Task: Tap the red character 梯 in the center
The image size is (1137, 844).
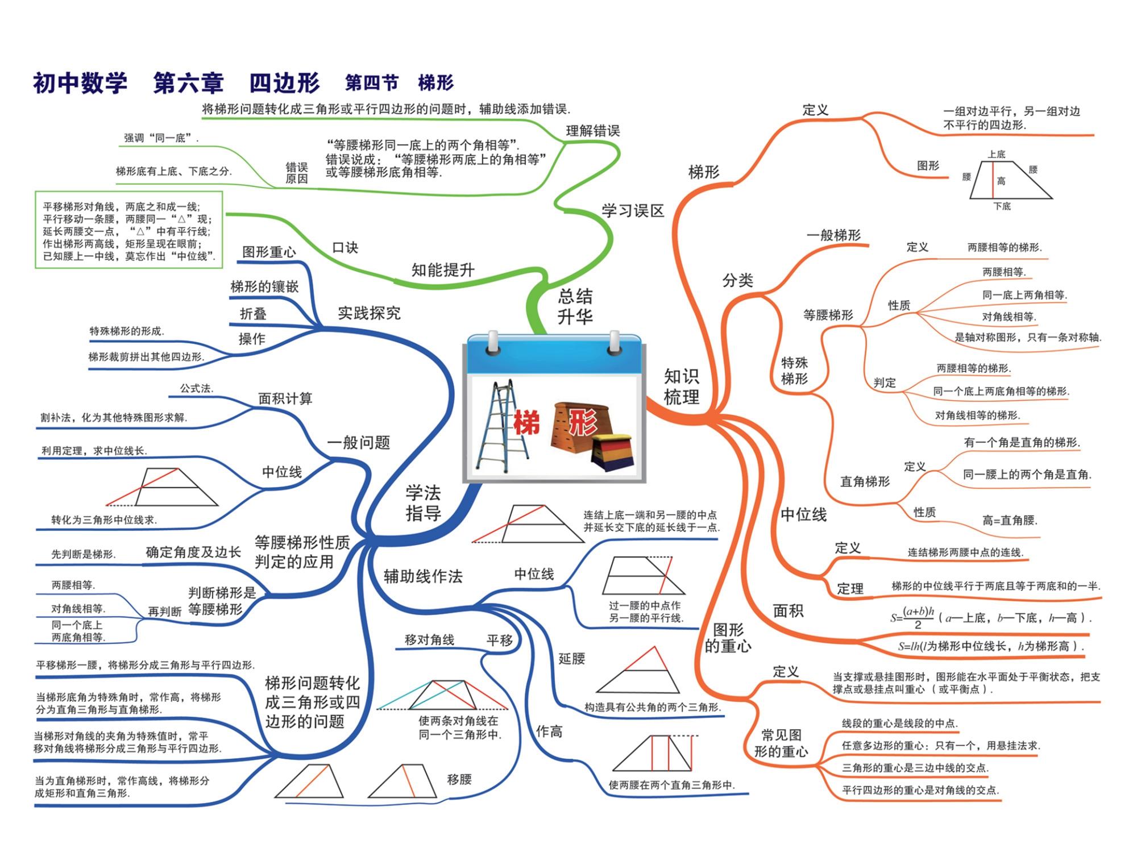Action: point(526,423)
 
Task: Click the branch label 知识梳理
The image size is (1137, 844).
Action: point(681,386)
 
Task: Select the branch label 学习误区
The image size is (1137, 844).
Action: point(633,211)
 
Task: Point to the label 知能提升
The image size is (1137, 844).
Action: point(442,270)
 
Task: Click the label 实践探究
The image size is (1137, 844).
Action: point(369,313)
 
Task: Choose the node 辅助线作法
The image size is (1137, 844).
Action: point(423,576)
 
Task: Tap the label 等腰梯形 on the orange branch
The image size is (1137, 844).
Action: point(828,315)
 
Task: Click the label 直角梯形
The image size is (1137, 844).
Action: point(865,482)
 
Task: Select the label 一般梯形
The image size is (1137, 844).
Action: point(833,235)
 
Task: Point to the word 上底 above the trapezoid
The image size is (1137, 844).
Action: point(996,154)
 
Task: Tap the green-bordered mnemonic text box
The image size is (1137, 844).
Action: point(129,231)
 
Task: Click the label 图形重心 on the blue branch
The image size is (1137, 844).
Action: point(269,252)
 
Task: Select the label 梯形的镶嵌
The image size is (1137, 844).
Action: point(264,286)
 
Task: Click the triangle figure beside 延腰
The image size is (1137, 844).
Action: point(639,672)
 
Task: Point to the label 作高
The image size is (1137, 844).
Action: point(549,731)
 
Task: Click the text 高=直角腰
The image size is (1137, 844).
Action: point(1010,520)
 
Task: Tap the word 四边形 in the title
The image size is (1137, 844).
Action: point(284,83)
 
